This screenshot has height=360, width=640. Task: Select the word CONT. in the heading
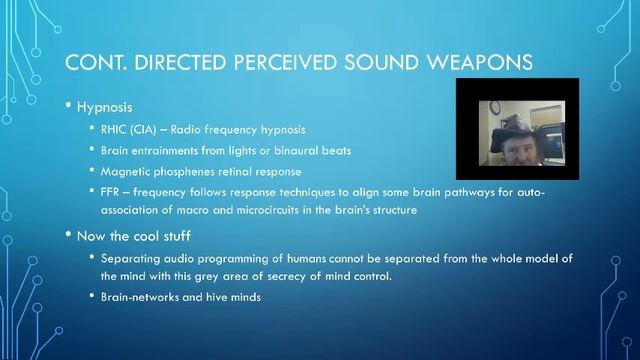click(94, 62)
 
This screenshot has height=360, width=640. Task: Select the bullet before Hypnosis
click(68, 107)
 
